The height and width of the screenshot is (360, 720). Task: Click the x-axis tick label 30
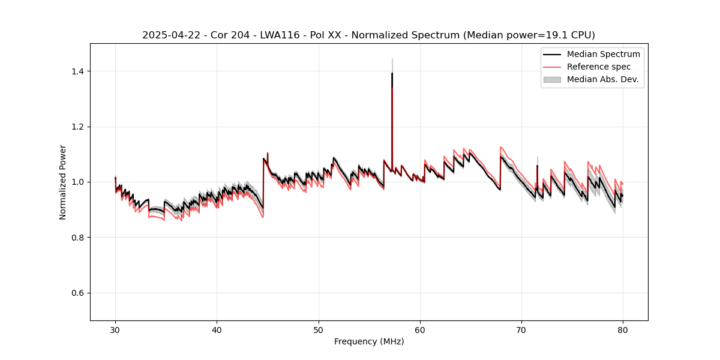point(115,330)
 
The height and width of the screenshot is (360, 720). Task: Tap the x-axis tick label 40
point(217,330)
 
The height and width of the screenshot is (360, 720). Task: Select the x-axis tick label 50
point(318,330)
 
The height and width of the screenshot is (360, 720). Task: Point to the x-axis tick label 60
point(420,330)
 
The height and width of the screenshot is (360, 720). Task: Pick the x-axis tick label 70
point(521,330)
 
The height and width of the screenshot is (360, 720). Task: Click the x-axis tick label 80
point(623,330)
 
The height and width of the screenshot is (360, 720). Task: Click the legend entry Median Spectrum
point(603,54)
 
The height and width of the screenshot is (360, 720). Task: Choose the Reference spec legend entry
point(598,67)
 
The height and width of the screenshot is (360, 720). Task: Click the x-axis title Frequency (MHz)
point(369,341)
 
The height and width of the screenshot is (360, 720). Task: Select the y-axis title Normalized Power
point(63,182)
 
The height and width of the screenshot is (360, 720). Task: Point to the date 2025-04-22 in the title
point(171,35)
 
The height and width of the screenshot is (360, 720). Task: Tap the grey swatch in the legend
point(551,79)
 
